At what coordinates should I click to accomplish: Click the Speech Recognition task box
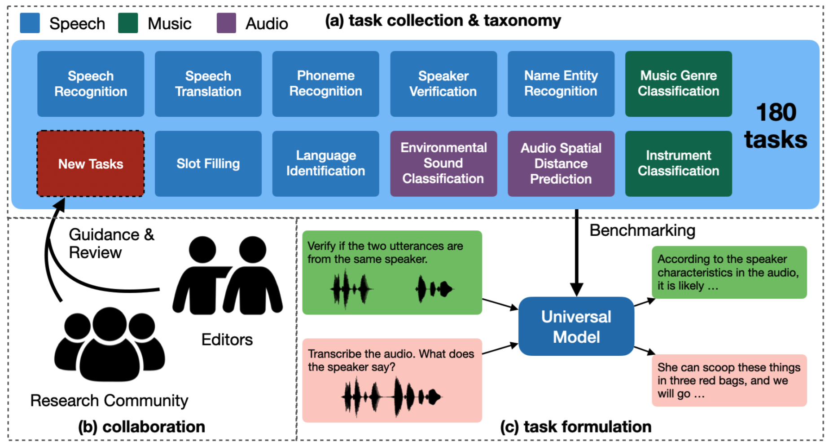[x=91, y=84]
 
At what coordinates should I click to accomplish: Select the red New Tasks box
[x=91, y=164]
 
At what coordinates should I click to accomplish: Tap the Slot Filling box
[x=208, y=164]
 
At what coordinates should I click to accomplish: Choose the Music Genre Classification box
[x=678, y=84]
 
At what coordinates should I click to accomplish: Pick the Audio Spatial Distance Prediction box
[x=561, y=164]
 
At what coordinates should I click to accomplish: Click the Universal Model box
[x=576, y=327]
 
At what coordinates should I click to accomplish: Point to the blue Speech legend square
[x=30, y=23]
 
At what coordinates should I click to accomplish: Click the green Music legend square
[x=128, y=23]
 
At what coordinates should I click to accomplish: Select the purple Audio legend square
[x=226, y=23]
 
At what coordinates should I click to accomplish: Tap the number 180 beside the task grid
[x=776, y=112]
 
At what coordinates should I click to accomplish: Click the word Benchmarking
[x=642, y=230]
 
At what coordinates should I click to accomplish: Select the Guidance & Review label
[x=111, y=243]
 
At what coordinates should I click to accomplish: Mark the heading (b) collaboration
[x=141, y=427]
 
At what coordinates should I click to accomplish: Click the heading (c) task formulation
[x=576, y=427]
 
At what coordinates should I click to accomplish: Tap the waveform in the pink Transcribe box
[x=392, y=397]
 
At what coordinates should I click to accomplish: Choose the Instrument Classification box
[x=678, y=164]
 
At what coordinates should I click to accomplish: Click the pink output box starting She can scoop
[x=729, y=380]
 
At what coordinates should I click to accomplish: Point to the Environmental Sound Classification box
[x=443, y=164]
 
